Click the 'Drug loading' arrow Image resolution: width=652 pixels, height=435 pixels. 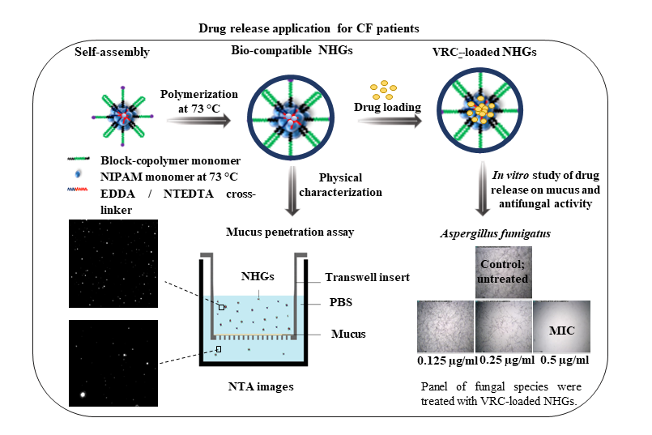[x=390, y=118]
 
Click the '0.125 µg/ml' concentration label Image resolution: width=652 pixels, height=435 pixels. [x=442, y=359]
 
